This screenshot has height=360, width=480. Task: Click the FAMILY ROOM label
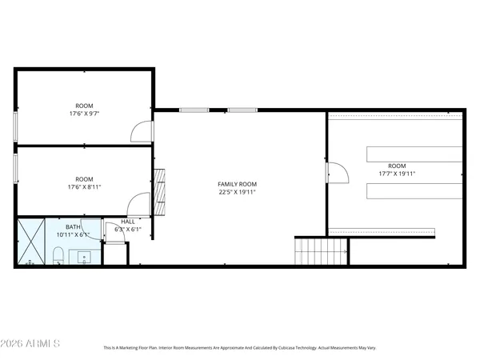(x=237, y=184)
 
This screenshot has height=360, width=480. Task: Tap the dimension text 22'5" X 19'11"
(x=237, y=193)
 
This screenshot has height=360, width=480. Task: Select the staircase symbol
(x=321, y=252)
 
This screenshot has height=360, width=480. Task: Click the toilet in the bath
(x=58, y=256)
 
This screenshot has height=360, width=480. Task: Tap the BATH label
(x=73, y=226)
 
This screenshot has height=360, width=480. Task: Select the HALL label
(x=128, y=222)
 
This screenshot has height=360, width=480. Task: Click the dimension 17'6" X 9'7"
(x=84, y=114)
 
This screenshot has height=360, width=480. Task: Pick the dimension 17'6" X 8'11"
(x=84, y=187)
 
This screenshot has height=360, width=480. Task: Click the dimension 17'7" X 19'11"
(x=397, y=174)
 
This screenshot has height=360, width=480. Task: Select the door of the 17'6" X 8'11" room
(x=140, y=205)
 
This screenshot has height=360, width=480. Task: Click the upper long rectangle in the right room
(x=414, y=154)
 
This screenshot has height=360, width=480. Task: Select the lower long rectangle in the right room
(x=414, y=190)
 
